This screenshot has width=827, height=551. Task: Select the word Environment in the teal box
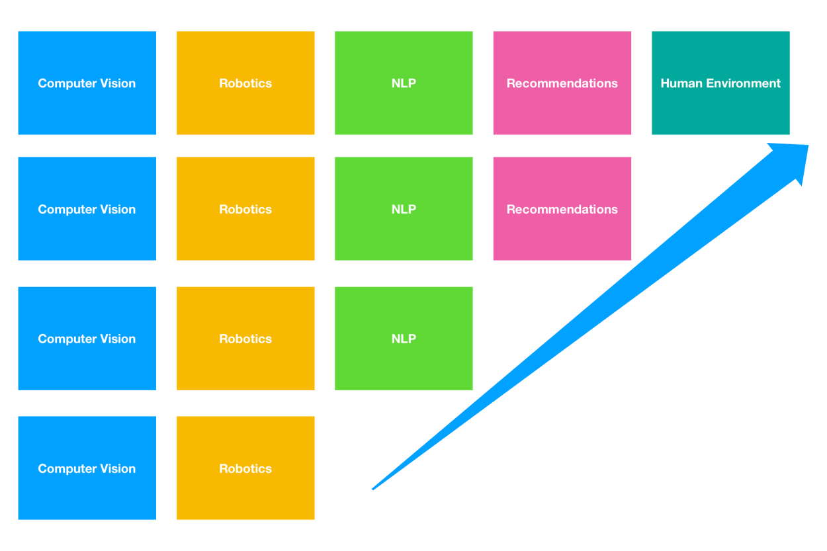(742, 83)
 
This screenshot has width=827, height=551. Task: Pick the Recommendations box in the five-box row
(562, 83)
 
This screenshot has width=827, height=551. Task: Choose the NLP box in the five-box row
(404, 83)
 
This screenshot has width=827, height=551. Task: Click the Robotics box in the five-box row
(245, 83)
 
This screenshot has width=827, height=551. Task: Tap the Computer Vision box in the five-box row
(87, 83)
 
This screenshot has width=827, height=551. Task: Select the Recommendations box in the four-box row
(562, 208)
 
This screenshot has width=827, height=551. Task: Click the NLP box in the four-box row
(404, 208)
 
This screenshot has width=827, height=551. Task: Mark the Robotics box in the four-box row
(245, 208)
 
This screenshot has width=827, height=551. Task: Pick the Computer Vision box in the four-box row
(87, 208)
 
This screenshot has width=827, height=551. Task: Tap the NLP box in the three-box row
(404, 338)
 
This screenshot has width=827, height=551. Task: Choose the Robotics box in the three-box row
(245, 338)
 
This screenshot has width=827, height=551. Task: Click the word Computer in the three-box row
(67, 339)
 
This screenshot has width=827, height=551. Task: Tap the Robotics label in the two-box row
(245, 468)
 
